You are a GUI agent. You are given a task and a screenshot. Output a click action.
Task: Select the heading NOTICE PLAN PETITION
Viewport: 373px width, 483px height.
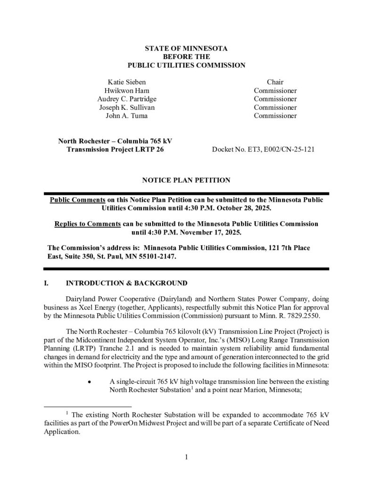(x=186, y=180)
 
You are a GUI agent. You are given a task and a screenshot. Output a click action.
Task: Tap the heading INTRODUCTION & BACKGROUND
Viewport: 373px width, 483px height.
(x=126, y=283)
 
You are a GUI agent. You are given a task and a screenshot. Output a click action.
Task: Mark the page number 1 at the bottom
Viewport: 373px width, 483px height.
(x=187, y=457)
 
